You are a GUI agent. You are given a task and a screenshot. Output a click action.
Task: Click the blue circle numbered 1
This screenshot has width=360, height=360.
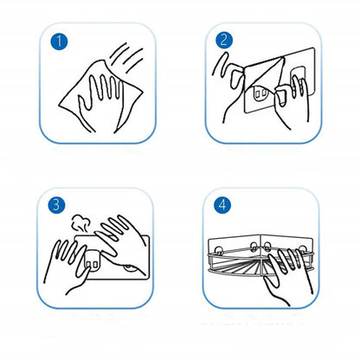pyautogui.click(x=59, y=42)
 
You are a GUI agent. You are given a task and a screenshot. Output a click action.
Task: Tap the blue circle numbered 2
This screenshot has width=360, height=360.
pyautogui.click(x=224, y=40)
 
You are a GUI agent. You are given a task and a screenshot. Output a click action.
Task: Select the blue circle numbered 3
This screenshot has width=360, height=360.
pyautogui.click(x=56, y=204)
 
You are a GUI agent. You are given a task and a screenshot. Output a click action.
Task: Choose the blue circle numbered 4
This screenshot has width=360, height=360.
pyautogui.click(x=222, y=204)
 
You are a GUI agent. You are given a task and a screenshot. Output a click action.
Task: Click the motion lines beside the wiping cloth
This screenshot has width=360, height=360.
pyautogui.click(x=127, y=56)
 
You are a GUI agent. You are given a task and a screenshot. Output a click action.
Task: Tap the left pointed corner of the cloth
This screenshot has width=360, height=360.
pyautogui.click(x=60, y=104)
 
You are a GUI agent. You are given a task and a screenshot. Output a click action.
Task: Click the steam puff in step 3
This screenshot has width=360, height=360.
pyautogui.click(x=80, y=223)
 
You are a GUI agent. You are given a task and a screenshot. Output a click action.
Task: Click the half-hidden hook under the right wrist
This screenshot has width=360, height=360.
pyautogui.click(x=132, y=269)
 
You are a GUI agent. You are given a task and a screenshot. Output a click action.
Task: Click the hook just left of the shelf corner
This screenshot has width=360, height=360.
pyautogui.click(x=254, y=247)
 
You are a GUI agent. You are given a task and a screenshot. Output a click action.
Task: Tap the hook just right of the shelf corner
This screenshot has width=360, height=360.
pyautogui.click(x=267, y=247)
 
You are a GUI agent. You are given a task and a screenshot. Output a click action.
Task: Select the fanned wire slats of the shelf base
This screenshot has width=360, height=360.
pyautogui.click(x=245, y=265)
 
